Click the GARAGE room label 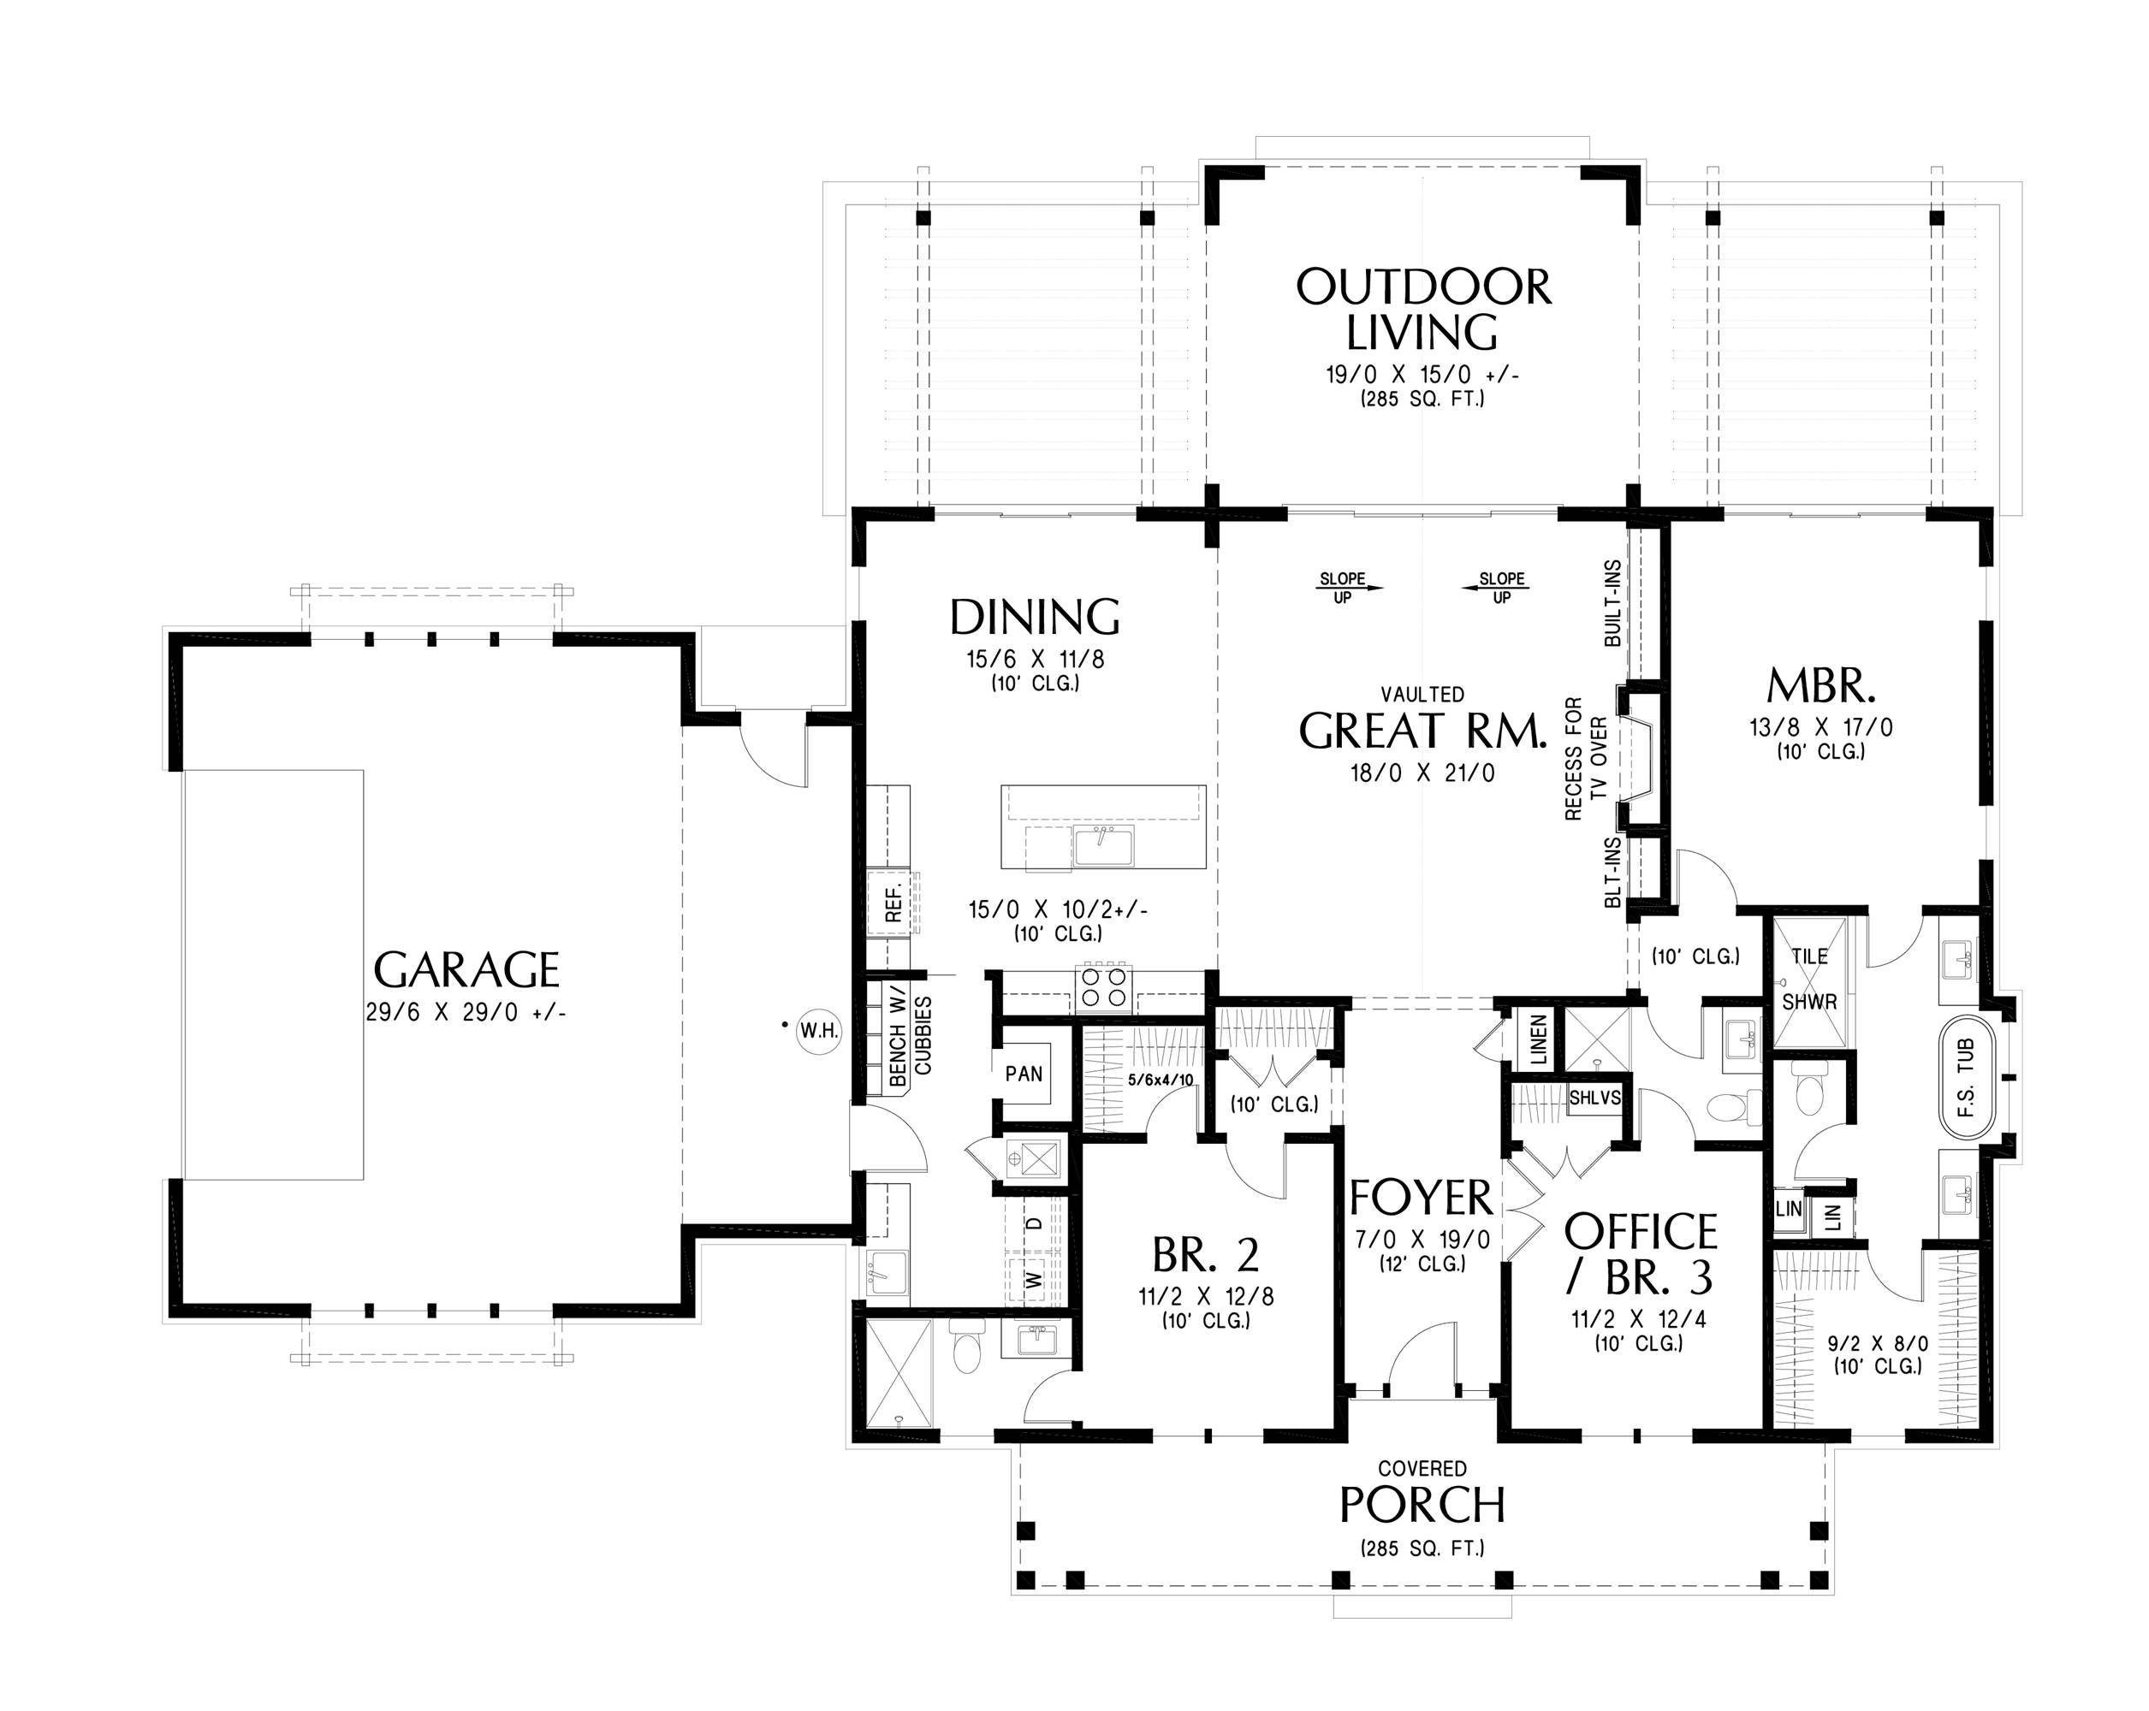coord(466,968)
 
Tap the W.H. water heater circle coord(818,1032)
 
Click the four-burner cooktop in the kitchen coord(1102,986)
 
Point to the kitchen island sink coord(1103,846)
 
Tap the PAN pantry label coord(1024,1074)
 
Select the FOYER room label coord(1422,1198)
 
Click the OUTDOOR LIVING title coord(1423,309)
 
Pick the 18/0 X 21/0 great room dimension coord(1422,773)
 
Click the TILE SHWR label coord(1809,979)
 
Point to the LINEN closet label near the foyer coord(1538,1040)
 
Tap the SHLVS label coord(1594,1098)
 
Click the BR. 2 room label coord(1206,1255)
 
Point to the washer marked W coord(1035,1278)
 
